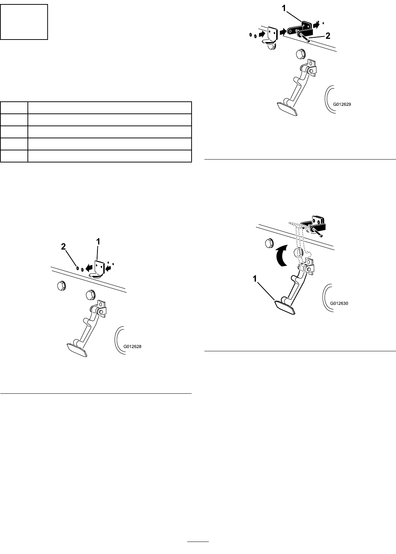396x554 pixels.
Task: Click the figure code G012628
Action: (132, 347)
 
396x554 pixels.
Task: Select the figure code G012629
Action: (342, 104)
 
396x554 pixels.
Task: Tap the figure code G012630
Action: (339, 303)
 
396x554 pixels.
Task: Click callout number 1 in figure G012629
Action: (284, 8)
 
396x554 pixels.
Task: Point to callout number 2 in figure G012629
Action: (327, 36)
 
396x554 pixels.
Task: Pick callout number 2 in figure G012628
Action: (63, 246)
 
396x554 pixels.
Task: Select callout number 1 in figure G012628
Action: (98, 242)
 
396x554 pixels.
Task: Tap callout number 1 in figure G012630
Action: (255, 279)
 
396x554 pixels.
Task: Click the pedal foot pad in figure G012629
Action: (287, 109)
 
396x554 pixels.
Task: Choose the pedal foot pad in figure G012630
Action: (285, 307)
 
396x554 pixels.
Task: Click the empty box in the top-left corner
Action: (24, 22)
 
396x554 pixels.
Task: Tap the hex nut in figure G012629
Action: (300, 54)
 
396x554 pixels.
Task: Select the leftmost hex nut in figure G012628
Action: (61, 286)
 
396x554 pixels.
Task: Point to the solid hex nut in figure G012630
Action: (269, 243)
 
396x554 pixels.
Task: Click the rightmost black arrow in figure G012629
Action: (316, 25)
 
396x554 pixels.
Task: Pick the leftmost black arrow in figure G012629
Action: (262, 34)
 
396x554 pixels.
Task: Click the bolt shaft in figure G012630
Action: (317, 232)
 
